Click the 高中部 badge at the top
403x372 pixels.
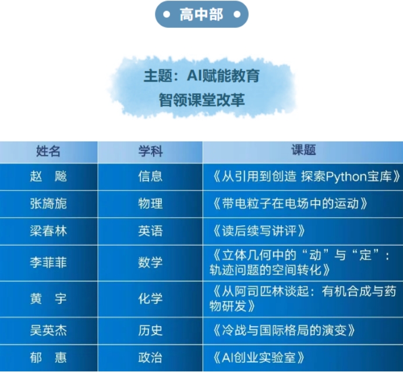[201, 15]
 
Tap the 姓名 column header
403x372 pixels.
[48, 151]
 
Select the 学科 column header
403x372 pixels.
[150, 151]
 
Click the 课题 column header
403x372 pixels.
[303, 150]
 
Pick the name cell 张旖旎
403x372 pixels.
[48, 204]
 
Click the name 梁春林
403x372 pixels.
[48, 231]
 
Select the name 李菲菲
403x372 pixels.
[48, 263]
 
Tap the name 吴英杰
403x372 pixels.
[48, 331]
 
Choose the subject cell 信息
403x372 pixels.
[150, 176]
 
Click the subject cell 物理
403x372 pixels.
[150, 204]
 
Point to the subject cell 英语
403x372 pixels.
[150, 231]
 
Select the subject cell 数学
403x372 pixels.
[150, 263]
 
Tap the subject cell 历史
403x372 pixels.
[150, 331]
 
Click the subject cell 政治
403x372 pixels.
[150, 357]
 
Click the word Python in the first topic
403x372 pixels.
[346, 177]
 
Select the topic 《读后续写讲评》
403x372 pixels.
[259, 231]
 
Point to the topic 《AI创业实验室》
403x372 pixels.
[259, 357]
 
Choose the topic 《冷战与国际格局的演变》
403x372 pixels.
[283, 331]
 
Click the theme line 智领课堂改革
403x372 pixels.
[201, 100]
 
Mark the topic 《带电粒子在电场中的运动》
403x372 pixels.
[289, 204]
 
